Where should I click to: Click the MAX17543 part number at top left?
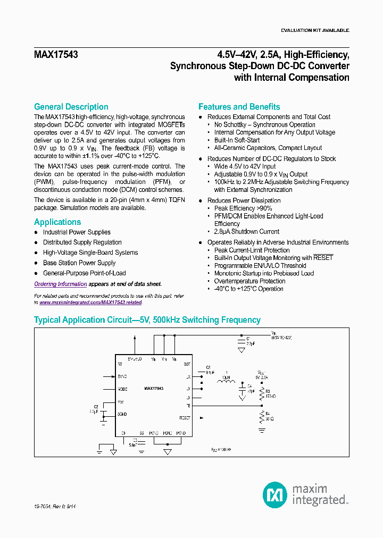[x=56, y=54]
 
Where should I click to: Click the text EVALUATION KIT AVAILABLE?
[x=315, y=30]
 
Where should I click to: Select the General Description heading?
[x=71, y=107]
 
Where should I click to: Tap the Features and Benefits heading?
[x=239, y=107]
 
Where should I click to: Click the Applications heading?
[x=57, y=222]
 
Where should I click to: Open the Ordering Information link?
[x=60, y=284]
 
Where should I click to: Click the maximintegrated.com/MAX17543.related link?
[x=90, y=302]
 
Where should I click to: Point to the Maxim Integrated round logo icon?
[x=275, y=495]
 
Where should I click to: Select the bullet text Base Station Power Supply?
[x=79, y=263]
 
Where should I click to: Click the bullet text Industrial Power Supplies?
[x=77, y=232]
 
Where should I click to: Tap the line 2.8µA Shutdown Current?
[x=246, y=232]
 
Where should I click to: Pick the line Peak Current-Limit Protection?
[x=252, y=250]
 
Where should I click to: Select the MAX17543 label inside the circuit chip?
[x=154, y=389]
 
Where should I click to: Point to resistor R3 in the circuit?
[x=262, y=394]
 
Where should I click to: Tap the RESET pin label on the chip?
[x=185, y=418]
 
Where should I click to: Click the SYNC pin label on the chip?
[x=122, y=376]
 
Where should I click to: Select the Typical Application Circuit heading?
[x=147, y=320]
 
